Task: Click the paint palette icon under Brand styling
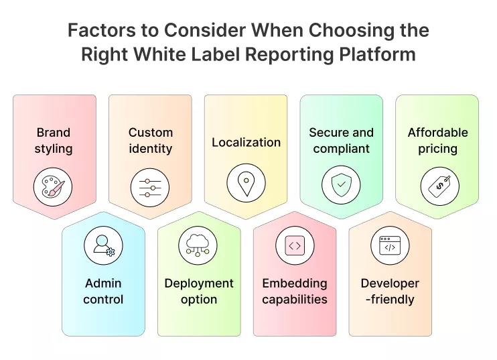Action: [x=53, y=186]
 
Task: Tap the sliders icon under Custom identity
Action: [x=150, y=186]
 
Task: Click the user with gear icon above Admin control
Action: [x=103, y=245]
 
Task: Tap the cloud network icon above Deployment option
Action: [x=198, y=245]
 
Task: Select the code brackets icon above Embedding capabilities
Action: [x=295, y=245]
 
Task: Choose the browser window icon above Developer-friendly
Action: [x=390, y=245]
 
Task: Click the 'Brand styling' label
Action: [x=53, y=141]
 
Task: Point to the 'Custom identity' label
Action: [x=150, y=141]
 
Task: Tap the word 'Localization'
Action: [x=246, y=142]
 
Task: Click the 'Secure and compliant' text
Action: [x=341, y=141]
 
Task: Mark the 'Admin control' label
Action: [x=103, y=292]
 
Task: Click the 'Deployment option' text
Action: [x=199, y=292]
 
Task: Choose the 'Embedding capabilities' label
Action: [x=295, y=292]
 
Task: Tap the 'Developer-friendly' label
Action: [x=390, y=292]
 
